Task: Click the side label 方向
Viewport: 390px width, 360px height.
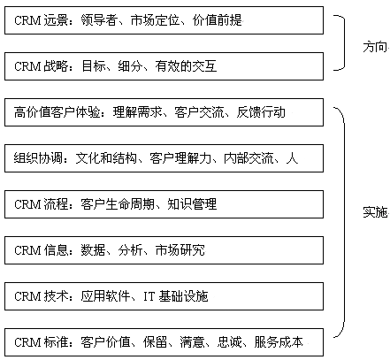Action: click(375, 47)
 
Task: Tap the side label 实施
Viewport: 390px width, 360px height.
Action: click(375, 212)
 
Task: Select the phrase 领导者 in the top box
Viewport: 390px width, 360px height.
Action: click(99, 20)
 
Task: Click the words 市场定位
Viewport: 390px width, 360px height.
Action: click(155, 20)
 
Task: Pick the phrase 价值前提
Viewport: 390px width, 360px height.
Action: click(218, 20)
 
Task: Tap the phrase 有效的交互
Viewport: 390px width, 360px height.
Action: click(186, 66)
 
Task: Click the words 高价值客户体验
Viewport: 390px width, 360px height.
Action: click(57, 112)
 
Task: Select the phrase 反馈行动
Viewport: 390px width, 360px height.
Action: click(261, 112)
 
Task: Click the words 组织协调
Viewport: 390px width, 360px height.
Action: click(38, 158)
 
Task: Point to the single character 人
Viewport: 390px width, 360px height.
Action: click(292, 158)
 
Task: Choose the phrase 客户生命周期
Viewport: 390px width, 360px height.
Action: click(118, 204)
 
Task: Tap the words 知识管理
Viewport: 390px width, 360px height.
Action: click(192, 204)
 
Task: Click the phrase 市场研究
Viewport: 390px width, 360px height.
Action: click(180, 250)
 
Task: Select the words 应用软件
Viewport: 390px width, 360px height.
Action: click(105, 296)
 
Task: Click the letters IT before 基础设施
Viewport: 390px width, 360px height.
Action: click(149, 296)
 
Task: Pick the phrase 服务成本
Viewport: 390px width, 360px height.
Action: click(279, 342)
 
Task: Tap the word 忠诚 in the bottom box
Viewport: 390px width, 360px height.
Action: click(229, 342)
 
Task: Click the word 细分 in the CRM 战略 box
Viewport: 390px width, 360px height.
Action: click(130, 66)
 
